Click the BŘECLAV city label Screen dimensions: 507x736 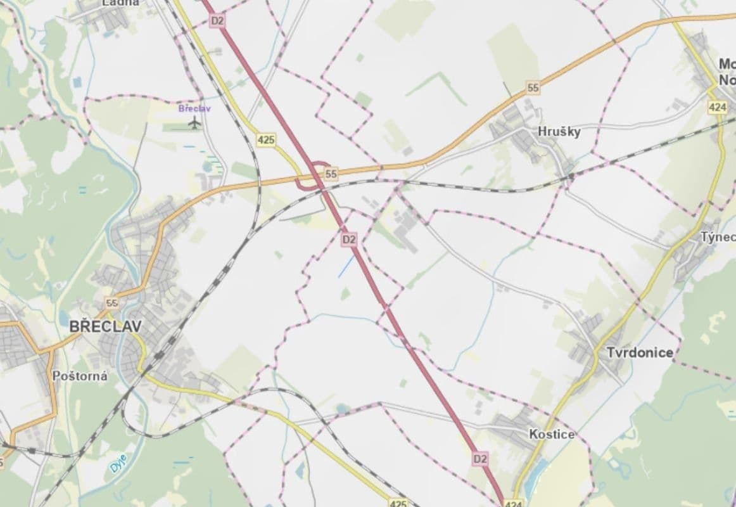point(105,327)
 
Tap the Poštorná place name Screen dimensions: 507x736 point(80,376)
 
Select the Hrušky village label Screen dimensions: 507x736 point(559,132)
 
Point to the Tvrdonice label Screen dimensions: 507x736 point(640,352)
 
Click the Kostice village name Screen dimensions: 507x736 point(552,435)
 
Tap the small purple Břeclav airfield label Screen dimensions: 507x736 point(194,108)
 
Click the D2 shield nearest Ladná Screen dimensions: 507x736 point(217,21)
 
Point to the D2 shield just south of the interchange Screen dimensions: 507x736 point(349,239)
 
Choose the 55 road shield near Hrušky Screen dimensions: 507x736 point(533,88)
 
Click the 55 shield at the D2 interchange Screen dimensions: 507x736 point(331,173)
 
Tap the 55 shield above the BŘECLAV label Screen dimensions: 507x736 point(112,303)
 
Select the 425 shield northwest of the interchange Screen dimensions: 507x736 point(266,139)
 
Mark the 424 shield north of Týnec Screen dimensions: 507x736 point(717,107)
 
